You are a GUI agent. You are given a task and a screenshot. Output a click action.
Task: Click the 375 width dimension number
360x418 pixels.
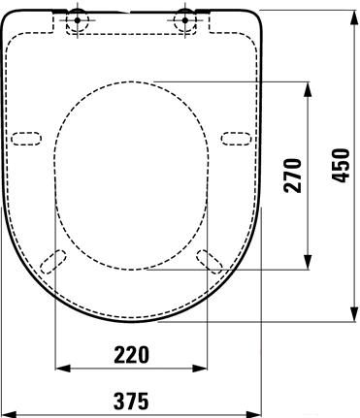(x=131, y=401)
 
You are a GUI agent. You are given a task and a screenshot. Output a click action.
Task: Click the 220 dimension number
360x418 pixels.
(x=131, y=354)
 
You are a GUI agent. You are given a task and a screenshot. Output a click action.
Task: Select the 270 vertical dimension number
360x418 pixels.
(x=292, y=176)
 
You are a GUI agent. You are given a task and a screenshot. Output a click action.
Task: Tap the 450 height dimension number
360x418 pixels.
(x=341, y=165)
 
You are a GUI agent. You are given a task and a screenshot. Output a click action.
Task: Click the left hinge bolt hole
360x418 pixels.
(x=78, y=20)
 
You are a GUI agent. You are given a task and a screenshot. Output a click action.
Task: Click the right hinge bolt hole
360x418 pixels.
(x=185, y=20)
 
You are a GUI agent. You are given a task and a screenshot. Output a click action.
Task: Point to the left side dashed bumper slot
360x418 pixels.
(x=26, y=139)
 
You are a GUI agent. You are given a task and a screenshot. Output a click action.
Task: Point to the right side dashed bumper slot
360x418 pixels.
(x=237, y=139)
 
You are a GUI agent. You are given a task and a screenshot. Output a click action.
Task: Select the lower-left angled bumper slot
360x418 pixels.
(x=53, y=262)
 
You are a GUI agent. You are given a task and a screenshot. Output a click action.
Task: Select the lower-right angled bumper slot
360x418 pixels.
(x=210, y=262)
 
